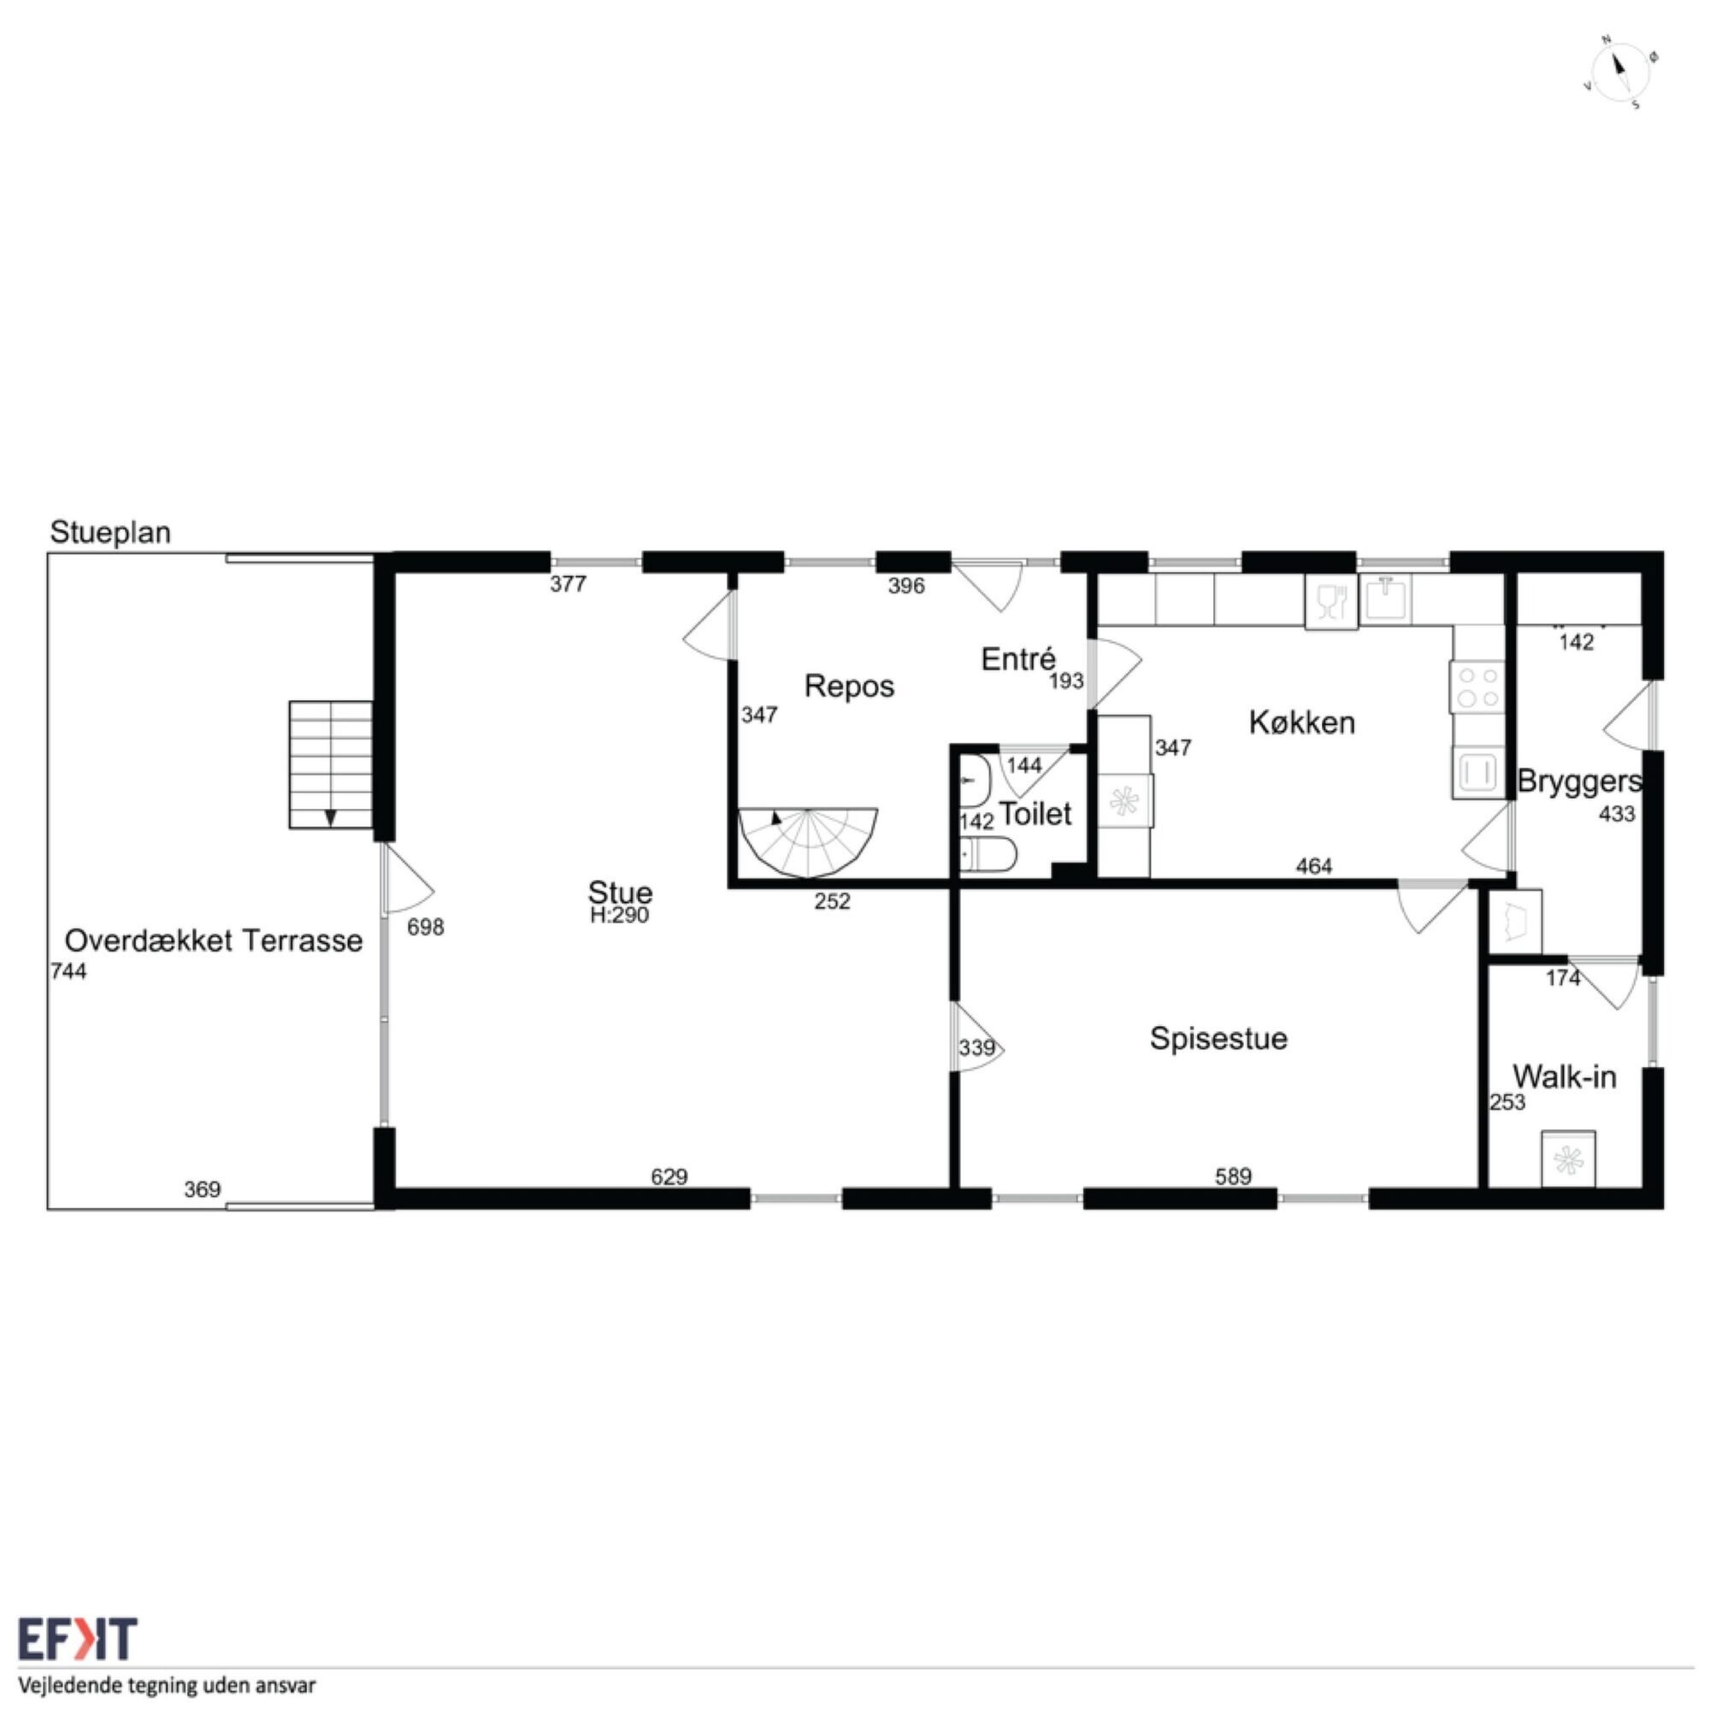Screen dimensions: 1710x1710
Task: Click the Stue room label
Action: tap(620, 891)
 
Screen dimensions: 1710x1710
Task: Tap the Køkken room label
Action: tap(1302, 722)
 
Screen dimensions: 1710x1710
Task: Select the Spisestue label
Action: tap(1218, 1037)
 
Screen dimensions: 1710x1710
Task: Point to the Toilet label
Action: tap(1035, 813)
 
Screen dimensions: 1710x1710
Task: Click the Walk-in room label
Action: tap(1565, 1076)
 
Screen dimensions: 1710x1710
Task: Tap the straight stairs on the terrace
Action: tap(330, 764)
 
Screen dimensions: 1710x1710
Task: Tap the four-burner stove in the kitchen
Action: tap(1477, 687)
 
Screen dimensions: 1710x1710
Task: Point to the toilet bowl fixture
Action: tap(988, 855)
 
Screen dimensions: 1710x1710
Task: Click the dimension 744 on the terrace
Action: tap(69, 971)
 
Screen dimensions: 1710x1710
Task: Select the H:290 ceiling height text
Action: tap(620, 915)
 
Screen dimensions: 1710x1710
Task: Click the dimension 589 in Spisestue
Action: tap(1233, 1176)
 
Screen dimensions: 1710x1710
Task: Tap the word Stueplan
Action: tap(110, 532)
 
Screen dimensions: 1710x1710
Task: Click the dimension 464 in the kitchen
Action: tap(1313, 865)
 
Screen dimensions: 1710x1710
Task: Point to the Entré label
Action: tap(1019, 658)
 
